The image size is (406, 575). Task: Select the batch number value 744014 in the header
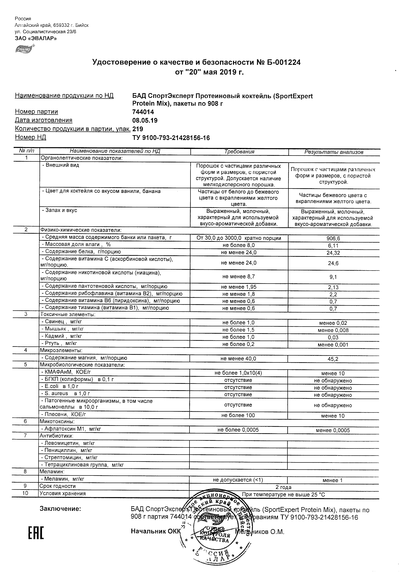point(143,112)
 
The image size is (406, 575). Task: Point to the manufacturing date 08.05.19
point(145,120)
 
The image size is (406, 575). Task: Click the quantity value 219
point(138,129)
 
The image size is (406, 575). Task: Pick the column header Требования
point(239,152)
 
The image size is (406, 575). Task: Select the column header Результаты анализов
point(334,152)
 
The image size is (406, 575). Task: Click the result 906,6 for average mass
point(333,239)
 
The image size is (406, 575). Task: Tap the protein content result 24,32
point(333,253)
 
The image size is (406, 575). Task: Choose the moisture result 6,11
point(333,246)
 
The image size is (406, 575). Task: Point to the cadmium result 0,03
point(333,338)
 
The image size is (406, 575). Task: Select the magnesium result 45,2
point(333,359)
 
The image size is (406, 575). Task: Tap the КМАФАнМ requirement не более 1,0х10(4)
point(238,373)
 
